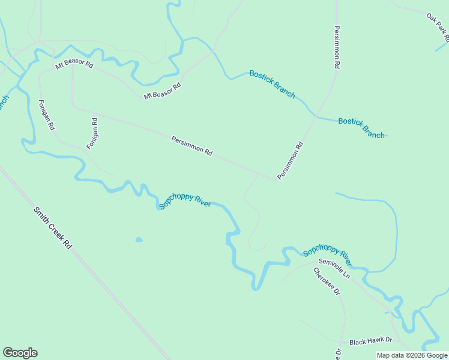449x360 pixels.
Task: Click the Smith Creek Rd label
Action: click(x=53, y=229)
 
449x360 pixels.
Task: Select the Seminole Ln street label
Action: click(x=334, y=268)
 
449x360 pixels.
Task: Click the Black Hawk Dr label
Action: click(x=370, y=341)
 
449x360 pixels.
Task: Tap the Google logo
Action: click(x=20, y=353)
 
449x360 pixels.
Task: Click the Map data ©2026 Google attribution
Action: click(x=412, y=355)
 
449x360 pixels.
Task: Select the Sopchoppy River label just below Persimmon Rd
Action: click(x=185, y=201)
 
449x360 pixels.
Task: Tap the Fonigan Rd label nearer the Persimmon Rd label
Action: click(x=92, y=133)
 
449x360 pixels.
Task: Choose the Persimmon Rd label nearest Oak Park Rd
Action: click(x=337, y=46)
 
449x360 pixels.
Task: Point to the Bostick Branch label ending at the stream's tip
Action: click(x=361, y=128)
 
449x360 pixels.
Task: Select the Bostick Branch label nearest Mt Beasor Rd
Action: click(x=273, y=83)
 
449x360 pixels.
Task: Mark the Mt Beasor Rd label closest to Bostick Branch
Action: click(x=163, y=91)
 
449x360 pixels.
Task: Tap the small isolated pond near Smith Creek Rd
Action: click(x=139, y=240)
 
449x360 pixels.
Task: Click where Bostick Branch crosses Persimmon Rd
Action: click(x=315, y=115)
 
